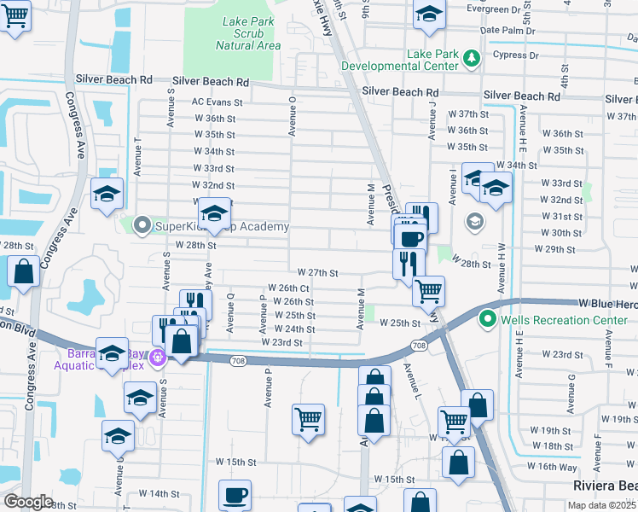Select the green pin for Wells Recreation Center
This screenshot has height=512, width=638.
point(488,320)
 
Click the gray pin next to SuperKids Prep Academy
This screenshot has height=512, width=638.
point(142,226)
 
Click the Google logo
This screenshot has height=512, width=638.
point(29,502)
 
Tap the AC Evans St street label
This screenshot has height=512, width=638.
point(217,102)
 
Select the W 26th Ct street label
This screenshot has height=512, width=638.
point(288,288)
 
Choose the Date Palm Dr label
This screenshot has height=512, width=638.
point(507,30)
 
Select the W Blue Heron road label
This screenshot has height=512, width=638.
point(606,303)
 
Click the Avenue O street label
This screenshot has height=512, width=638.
point(292,115)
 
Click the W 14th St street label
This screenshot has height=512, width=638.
point(148,493)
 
